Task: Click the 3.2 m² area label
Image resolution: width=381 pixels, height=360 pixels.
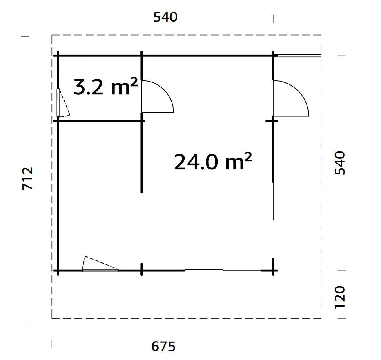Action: pos(105,87)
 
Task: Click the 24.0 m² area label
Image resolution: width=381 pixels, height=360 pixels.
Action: pos(212,162)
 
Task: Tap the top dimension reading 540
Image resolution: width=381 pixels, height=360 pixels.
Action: pos(165,18)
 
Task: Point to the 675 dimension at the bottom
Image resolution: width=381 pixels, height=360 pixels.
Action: pos(163,347)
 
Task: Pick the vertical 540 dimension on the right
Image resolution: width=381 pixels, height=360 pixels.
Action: pos(340,163)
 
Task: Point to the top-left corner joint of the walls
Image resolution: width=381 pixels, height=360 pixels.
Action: pos(58,55)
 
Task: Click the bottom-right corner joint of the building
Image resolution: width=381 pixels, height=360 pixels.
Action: pos(273,270)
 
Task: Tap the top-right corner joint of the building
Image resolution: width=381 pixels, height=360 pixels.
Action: pos(273,55)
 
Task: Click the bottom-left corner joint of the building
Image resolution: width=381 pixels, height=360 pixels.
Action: pos(58,270)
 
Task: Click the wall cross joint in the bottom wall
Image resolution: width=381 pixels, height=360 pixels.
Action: pos(142,270)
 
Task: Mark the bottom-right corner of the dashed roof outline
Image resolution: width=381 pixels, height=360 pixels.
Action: pos(321,318)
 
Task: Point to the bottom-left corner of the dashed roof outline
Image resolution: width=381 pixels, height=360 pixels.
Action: pos(52,318)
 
